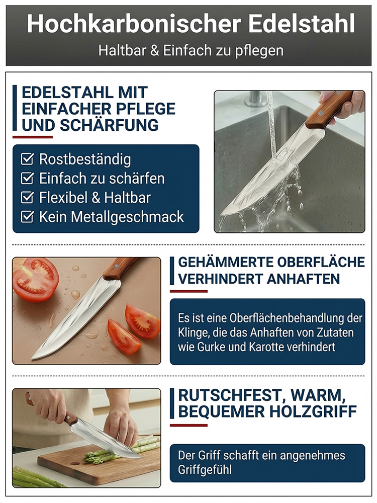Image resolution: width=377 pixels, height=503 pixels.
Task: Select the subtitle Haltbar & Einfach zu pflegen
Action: pos(191,50)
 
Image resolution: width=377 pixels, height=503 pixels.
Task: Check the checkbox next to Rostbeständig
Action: pos(27,159)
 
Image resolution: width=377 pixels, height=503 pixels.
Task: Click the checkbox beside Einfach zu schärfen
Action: pos(27,178)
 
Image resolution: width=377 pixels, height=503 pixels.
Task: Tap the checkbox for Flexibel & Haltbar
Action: pos(27,197)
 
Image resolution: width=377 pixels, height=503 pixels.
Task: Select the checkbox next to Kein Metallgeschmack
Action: pos(27,216)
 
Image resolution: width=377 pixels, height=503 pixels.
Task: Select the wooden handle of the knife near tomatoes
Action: pos(119,268)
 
